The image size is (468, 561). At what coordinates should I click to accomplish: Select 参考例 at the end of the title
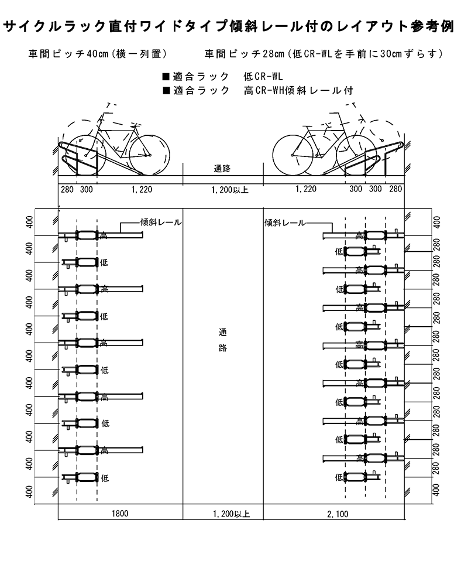pyautogui.click(x=440, y=26)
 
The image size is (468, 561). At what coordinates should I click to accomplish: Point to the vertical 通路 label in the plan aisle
pyautogui.click(x=222, y=340)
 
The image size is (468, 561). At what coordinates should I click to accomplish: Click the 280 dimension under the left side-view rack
pyautogui.click(x=67, y=189)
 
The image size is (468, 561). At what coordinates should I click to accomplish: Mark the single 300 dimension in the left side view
pyautogui.click(x=86, y=189)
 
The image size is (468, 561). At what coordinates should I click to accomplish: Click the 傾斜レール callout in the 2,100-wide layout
pyautogui.click(x=285, y=223)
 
